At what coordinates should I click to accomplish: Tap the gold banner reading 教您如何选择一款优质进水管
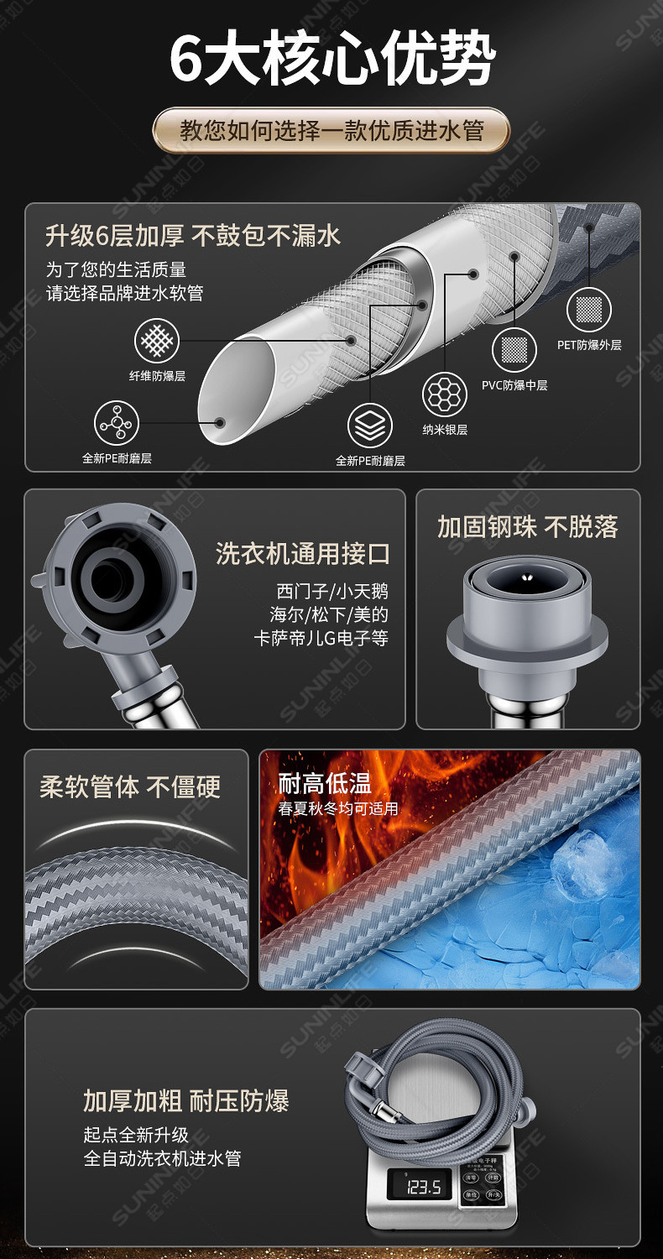coord(331,131)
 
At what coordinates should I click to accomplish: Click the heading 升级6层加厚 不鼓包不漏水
coord(193,236)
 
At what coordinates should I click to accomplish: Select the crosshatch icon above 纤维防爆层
coord(157,342)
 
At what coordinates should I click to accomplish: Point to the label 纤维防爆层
coord(157,377)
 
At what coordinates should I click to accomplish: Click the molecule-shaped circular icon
coord(116,423)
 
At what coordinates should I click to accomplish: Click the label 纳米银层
coord(445,430)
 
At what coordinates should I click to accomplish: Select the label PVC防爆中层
coord(514,385)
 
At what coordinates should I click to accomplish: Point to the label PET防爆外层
coord(589,345)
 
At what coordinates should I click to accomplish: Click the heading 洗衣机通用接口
coord(303,554)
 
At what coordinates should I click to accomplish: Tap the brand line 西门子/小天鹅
coord(332,591)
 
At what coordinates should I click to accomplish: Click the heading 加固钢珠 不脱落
coord(527,527)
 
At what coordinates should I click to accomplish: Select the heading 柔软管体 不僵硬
coord(130,787)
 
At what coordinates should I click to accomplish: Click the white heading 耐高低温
coord(325,784)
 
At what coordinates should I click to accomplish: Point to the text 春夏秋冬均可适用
coord(338,809)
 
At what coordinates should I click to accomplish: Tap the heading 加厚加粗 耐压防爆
coord(185,1100)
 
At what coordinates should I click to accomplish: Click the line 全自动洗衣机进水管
coord(162,1158)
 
